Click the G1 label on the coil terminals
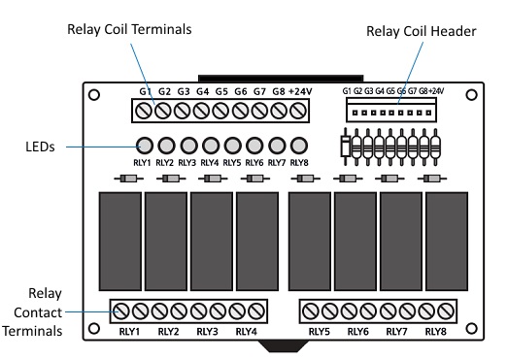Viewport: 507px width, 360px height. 146,91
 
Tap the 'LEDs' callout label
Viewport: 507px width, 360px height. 38,147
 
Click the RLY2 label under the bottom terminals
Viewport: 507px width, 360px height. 168,332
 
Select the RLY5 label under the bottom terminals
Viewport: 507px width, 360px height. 321,332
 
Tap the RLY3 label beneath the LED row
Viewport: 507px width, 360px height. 186,163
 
